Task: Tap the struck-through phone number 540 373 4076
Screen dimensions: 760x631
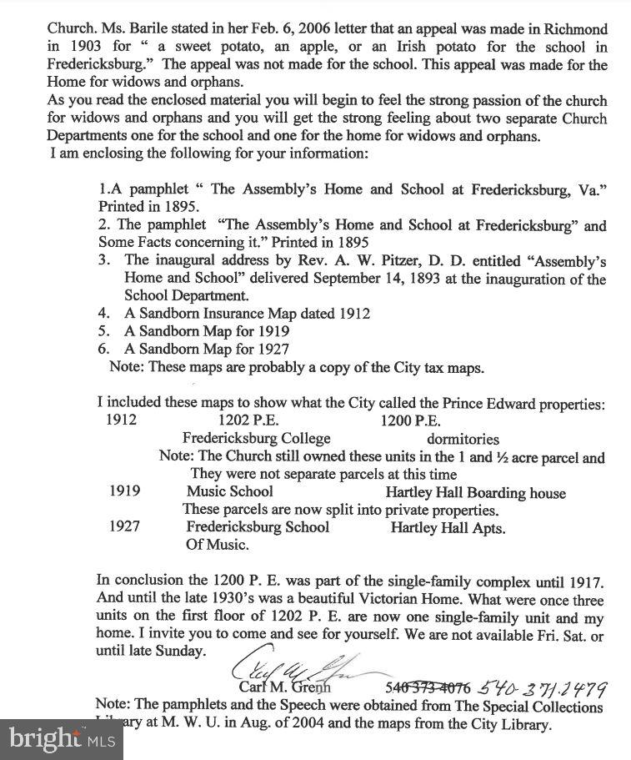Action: (428, 687)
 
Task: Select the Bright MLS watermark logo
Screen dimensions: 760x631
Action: (61, 737)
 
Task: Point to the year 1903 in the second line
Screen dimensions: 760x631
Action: (87, 47)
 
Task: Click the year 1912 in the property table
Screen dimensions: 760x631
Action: (122, 420)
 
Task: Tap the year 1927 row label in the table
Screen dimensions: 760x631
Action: (125, 526)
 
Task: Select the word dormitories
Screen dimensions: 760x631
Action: (463, 439)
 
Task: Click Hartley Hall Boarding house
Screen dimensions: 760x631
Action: (475, 492)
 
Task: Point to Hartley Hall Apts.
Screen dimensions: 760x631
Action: (448, 527)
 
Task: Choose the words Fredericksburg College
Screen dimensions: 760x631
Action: (257, 439)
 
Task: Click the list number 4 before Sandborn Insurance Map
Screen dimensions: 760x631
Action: (103, 314)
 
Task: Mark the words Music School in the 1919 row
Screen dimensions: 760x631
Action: (230, 491)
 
